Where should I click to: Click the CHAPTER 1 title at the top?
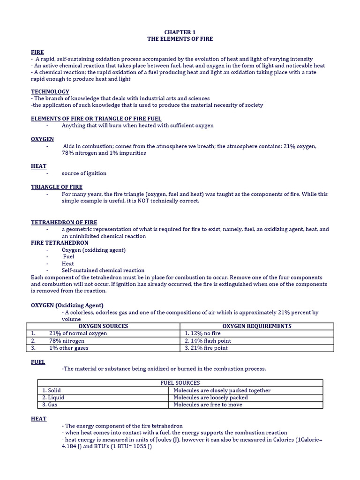tap(180, 32)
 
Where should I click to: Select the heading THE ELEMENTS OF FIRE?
tap(180, 39)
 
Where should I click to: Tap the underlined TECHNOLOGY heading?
tap(50, 91)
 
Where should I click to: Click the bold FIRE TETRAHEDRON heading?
tap(60, 243)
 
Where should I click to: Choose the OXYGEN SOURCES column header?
tap(103, 326)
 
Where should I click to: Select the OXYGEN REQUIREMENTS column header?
tap(256, 326)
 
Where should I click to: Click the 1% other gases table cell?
tap(68, 348)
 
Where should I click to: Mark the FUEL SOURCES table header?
tap(180, 383)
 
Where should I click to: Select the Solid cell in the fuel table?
tap(52, 390)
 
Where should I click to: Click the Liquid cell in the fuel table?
tap(53, 397)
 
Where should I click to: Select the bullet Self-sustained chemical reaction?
tap(103, 270)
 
